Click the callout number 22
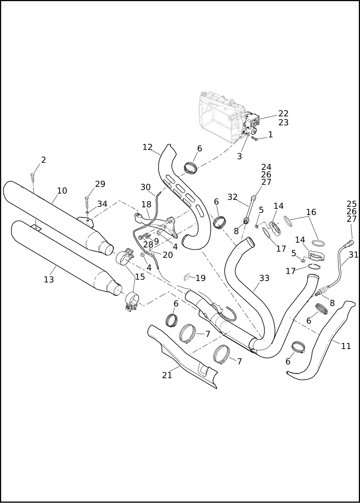pos(283,113)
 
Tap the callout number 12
pos(147,147)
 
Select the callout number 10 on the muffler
pos(62,191)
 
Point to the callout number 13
pos(49,280)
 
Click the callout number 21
pos(167,375)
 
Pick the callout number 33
pos(264,278)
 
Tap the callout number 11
pos(346,346)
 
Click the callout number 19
pos(200,278)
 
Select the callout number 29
pos(100,184)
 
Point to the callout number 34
pos(102,204)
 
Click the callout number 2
pos(43,160)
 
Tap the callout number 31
pos(353,255)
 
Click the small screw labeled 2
pos(32,177)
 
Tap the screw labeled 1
pos(254,139)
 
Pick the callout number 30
pos(145,187)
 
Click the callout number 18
pos(146,204)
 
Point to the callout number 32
pos(232,197)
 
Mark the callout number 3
pos(239,156)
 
